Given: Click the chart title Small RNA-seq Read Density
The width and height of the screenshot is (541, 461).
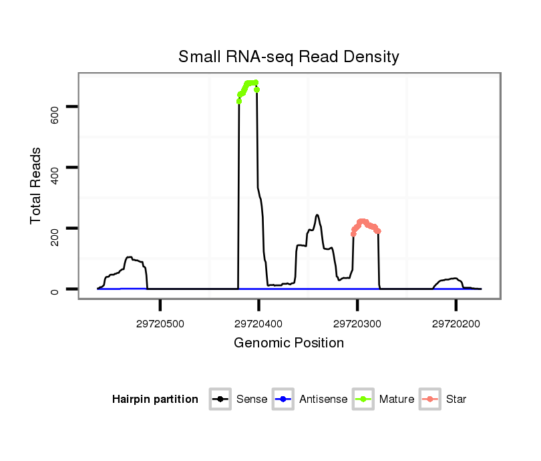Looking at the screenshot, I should (x=289, y=57).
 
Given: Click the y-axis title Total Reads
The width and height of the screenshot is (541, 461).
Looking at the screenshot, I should (x=37, y=186).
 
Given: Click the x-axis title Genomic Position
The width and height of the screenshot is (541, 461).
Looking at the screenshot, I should (x=289, y=343).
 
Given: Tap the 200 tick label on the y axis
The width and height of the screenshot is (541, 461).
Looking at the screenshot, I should (x=55, y=237).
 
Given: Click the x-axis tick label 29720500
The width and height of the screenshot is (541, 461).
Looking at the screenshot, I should (x=160, y=324).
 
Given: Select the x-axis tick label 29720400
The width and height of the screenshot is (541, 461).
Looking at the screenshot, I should (x=258, y=324).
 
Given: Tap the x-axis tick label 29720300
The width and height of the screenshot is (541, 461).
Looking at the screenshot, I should (x=357, y=324).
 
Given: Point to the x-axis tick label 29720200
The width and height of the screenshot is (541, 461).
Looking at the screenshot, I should (x=456, y=324).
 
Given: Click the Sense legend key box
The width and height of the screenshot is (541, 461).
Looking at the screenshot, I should (x=220, y=400).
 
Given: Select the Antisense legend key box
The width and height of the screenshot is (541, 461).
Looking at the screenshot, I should (x=283, y=400).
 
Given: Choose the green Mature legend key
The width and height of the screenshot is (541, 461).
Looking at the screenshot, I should (x=363, y=400).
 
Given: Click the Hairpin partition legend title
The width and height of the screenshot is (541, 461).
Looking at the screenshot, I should (x=155, y=400).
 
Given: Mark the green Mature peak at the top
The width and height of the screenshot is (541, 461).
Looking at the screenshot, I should (x=250, y=84).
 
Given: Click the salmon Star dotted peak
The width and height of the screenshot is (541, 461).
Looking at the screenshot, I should (x=363, y=222).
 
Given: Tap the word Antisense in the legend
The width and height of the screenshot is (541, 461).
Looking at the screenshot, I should (x=323, y=400).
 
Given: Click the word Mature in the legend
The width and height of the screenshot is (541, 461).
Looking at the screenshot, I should (x=397, y=400).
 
